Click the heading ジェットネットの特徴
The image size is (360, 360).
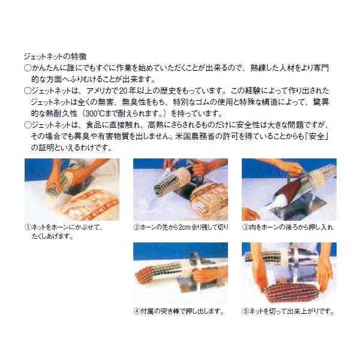pyautogui.click(x=55, y=56)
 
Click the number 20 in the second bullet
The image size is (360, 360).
pyautogui.click(x=123, y=91)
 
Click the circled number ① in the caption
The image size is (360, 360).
pyautogui.click(x=28, y=227)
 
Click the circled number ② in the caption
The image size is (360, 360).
pyautogui.click(x=137, y=227)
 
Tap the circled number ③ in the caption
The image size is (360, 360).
pyautogui.click(x=245, y=227)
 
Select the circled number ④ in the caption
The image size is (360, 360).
pyautogui.click(x=137, y=311)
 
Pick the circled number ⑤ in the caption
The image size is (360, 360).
pyautogui.click(x=245, y=311)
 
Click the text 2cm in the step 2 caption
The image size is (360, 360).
pyautogui.click(x=185, y=227)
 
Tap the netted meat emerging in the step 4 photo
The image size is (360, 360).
pyautogui.click(x=152, y=274)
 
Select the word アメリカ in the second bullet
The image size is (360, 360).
pyautogui.click(x=98, y=91)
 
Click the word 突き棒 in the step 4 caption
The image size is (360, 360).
pyautogui.click(x=169, y=311)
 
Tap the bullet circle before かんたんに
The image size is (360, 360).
pyautogui.click(x=28, y=68)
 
